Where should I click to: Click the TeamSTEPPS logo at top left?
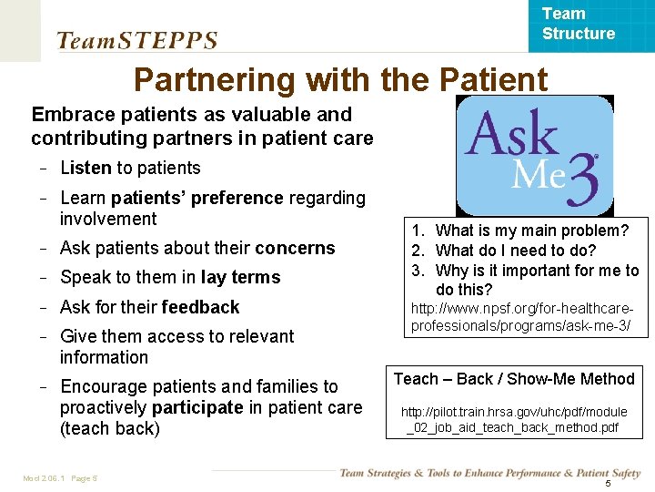click(137, 40)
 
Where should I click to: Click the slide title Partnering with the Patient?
click(340, 80)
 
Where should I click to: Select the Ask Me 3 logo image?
click(534, 155)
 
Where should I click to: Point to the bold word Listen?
click(85, 168)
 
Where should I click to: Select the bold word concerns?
click(295, 248)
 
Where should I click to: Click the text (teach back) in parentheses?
click(110, 428)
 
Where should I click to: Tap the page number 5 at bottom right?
click(608, 482)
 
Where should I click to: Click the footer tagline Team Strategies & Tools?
click(489, 472)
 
